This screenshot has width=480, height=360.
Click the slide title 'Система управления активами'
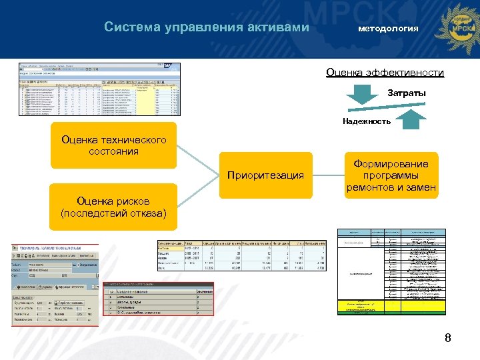(207, 27)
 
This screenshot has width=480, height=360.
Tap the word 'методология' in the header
(388, 29)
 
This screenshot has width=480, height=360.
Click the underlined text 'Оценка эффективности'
(385, 73)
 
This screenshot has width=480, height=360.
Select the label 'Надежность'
(367, 121)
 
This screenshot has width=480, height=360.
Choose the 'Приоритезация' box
(265, 176)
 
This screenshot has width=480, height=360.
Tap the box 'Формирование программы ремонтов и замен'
(391, 176)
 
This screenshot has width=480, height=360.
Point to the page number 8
(448, 338)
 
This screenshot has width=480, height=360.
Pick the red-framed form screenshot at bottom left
(55, 285)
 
